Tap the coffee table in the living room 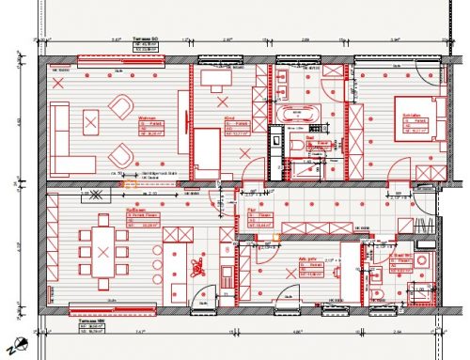pyautogui.click(x=92, y=119)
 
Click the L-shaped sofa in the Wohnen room pyautogui.click(x=61, y=133)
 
